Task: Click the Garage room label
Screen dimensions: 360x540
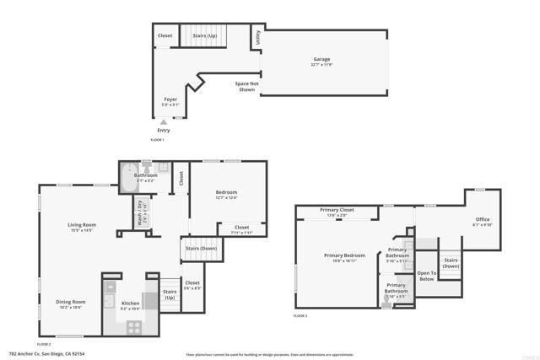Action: click(321, 60)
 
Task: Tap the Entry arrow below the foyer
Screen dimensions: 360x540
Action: click(164, 122)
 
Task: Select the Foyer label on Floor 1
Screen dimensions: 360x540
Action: click(170, 99)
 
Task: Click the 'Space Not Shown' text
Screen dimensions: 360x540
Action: click(246, 87)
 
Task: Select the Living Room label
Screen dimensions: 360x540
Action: click(82, 225)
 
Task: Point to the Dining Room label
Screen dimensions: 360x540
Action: click(71, 302)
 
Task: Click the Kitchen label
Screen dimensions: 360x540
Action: click(130, 303)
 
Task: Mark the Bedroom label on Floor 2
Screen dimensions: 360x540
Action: click(226, 193)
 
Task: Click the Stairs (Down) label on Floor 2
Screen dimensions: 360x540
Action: click(202, 249)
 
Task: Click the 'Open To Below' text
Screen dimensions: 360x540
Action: click(427, 275)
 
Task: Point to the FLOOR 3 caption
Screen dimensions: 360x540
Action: click(300, 315)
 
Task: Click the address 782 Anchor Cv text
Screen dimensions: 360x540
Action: click(46, 354)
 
